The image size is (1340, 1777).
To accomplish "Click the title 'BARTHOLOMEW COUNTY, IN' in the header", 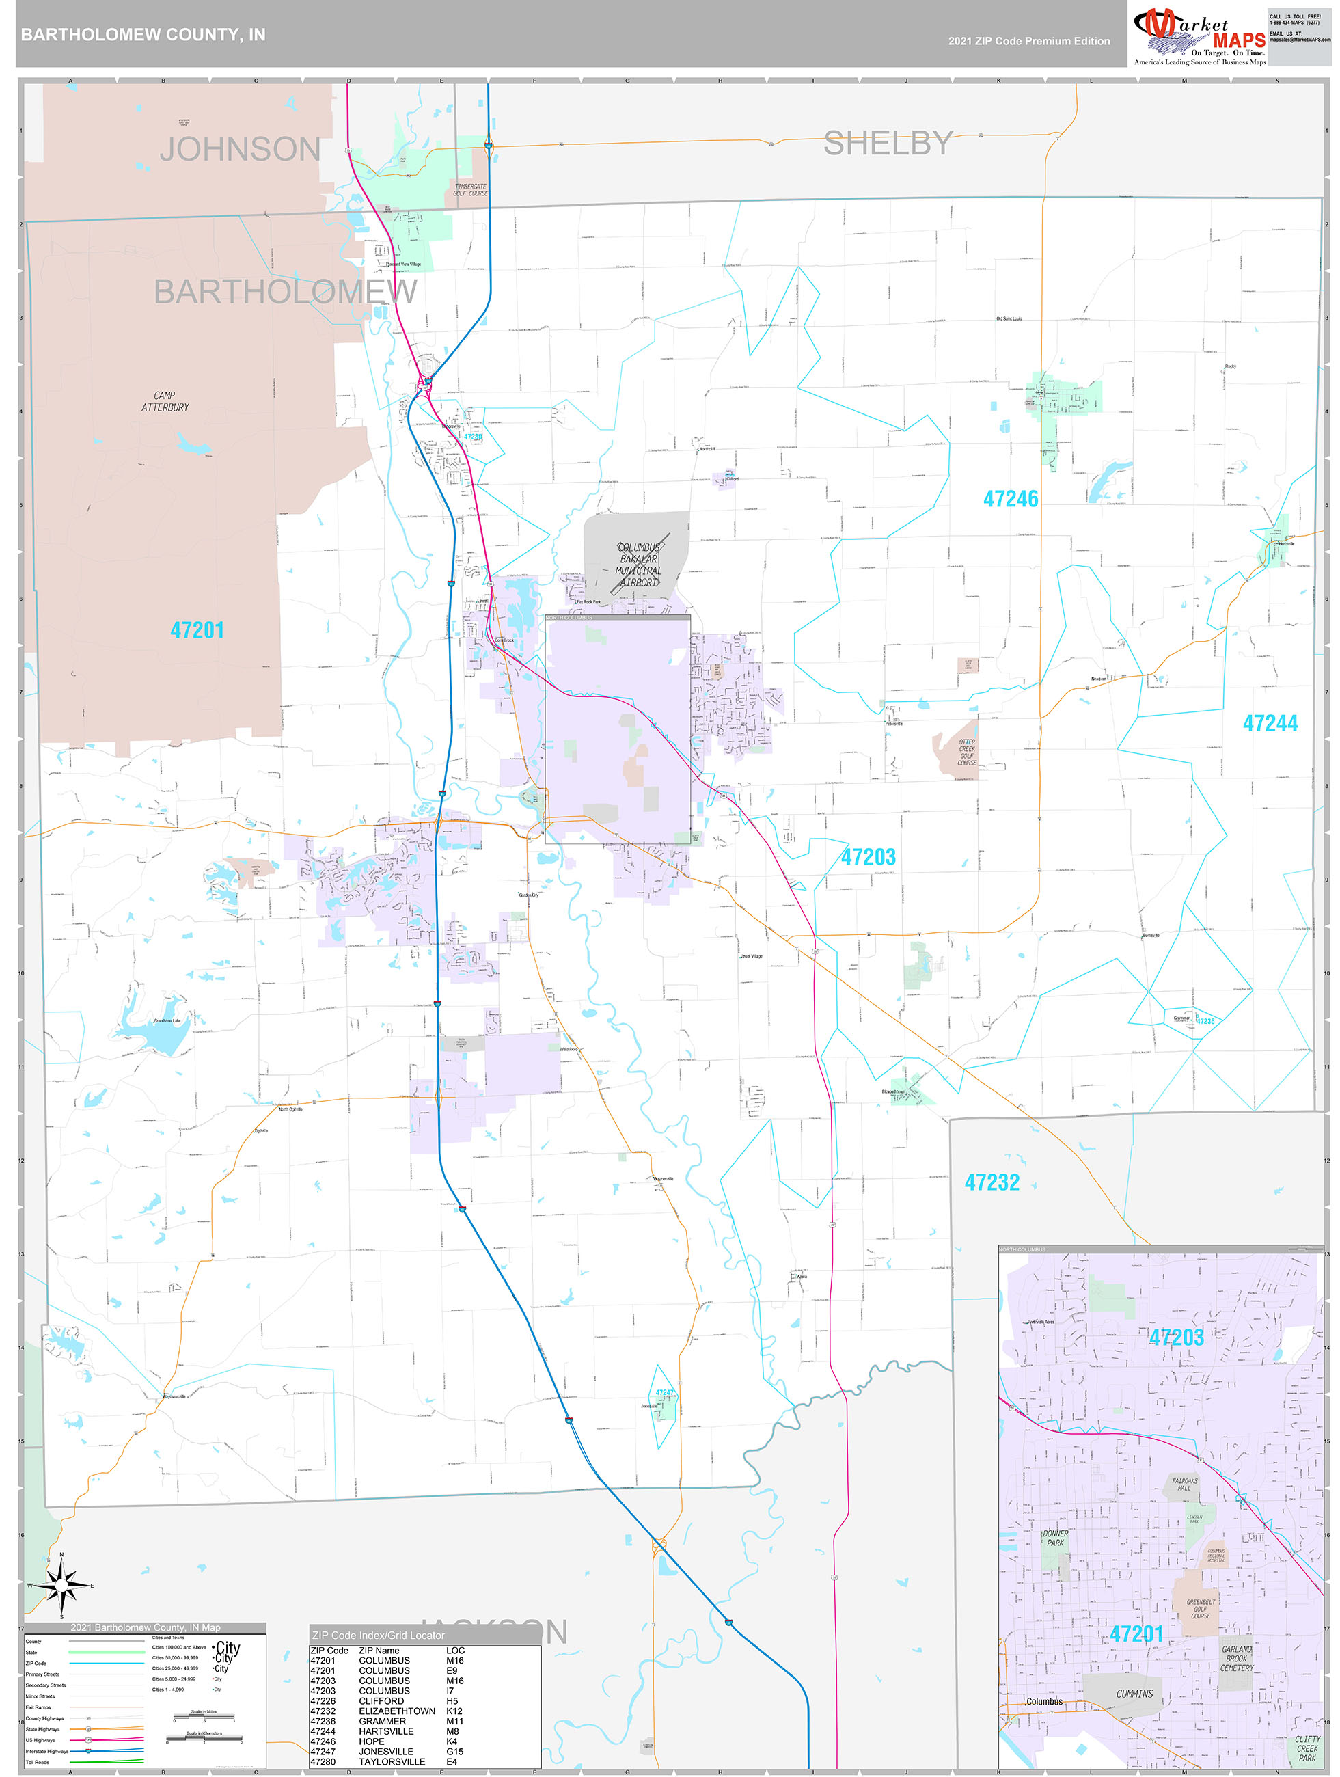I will click(x=143, y=35).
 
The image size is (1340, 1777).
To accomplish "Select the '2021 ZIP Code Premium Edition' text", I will click(x=1028, y=41).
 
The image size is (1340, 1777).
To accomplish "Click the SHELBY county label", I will click(x=888, y=143).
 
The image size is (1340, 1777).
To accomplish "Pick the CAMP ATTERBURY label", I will click(x=165, y=401).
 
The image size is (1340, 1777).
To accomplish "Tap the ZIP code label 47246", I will click(x=1011, y=499).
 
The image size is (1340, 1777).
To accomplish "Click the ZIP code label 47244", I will click(x=1270, y=723).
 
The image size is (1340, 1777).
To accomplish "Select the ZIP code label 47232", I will click(x=992, y=1182).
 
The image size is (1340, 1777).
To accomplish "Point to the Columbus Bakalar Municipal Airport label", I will click(x=639, y=564).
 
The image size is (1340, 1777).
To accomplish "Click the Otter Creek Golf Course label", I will click(x=966, y=752).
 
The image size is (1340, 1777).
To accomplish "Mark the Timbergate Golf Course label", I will click(x=470, y=189).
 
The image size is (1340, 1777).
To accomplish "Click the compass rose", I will click(x=61, y=1585).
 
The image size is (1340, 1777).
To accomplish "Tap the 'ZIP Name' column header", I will click(x=379, y=1650).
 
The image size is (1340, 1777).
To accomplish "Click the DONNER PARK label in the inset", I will click(x=1055, y=1538).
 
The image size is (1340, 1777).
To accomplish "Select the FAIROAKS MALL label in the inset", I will click(x=1184, y=1484).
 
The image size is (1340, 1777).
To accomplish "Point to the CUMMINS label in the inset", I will click(x=1134, y=1693).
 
